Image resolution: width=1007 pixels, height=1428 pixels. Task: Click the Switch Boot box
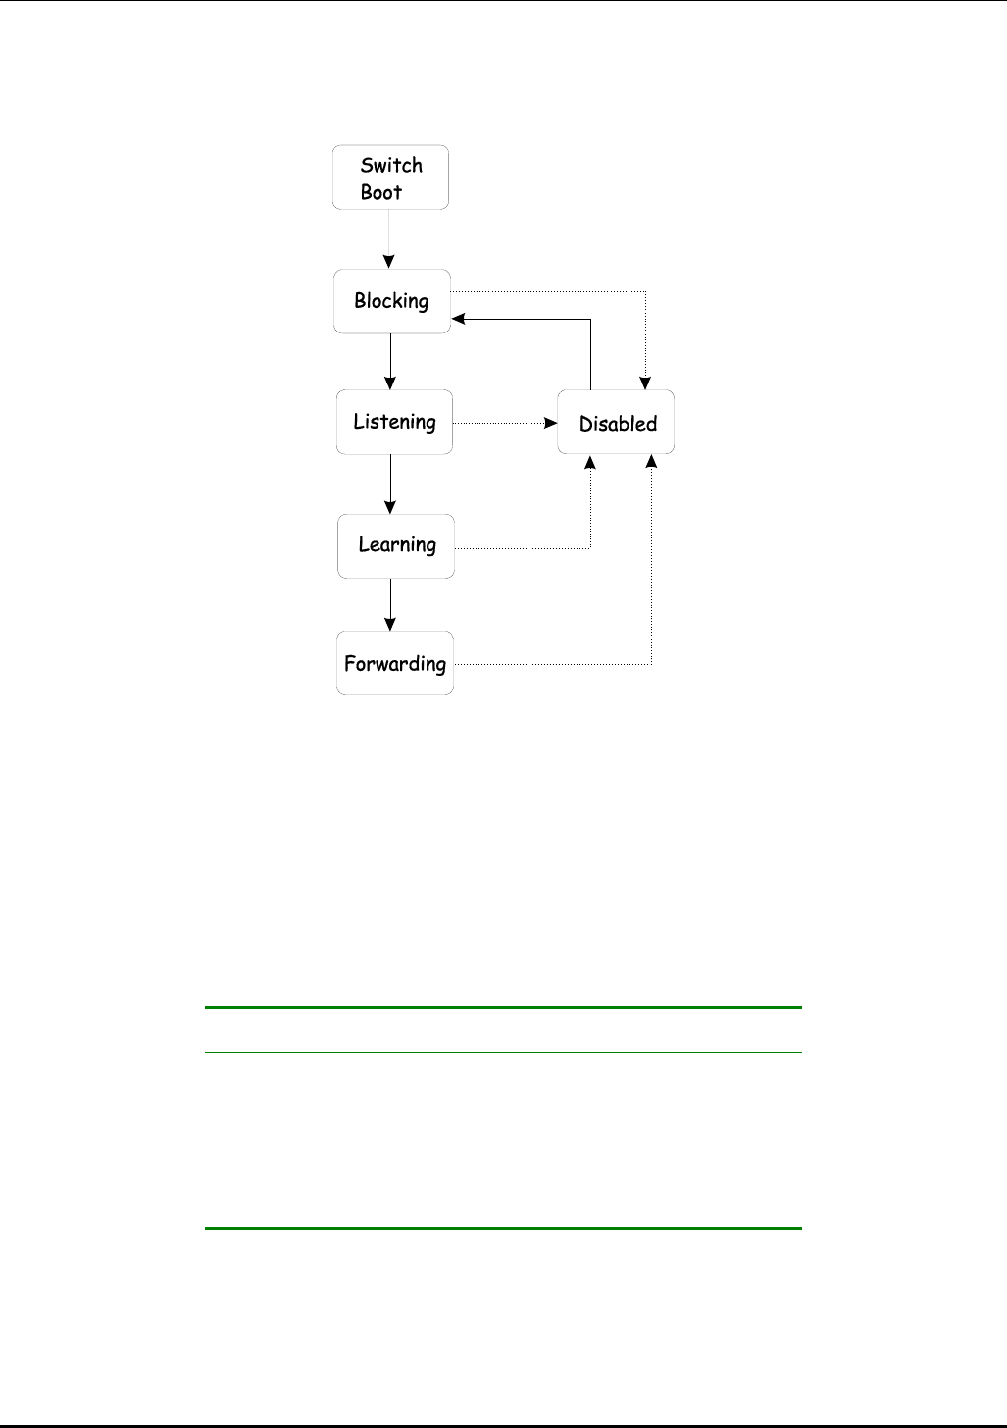click(390, 178)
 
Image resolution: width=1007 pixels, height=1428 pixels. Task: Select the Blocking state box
click(391, 301)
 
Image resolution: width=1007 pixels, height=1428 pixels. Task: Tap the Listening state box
click(394, 422)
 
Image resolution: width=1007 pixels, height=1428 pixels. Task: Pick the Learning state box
click(396, 545)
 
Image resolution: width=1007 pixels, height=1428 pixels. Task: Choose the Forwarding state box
click(395, 663)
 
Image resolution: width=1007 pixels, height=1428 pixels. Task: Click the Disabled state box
click(616, 423)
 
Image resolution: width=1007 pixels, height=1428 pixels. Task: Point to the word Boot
click(381, 192)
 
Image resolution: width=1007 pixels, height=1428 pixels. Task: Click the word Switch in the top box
click(391, 165)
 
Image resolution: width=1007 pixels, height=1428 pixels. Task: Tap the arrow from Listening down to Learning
click(390, 484)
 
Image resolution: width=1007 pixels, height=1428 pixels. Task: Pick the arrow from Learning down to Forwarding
click(390, 604)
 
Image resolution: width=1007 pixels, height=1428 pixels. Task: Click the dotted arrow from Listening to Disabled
click(504, 423)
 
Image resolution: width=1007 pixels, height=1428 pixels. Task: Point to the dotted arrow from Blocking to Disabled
click(588, 291)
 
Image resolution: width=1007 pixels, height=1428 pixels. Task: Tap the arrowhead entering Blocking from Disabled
click(458, 319)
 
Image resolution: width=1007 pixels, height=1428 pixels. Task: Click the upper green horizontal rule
click(502, 1007)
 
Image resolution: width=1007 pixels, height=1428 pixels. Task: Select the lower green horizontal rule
click(502, 1228)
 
